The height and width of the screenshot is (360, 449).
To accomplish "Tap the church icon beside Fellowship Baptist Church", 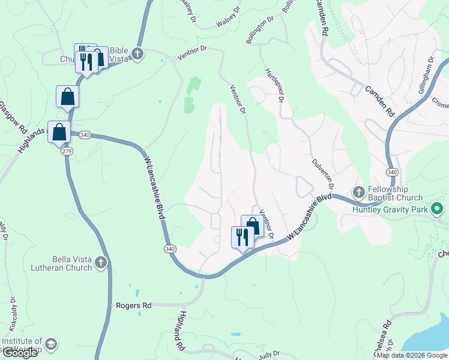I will [x=359, y=193].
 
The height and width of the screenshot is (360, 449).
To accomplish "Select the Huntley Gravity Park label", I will [x=390, y=209].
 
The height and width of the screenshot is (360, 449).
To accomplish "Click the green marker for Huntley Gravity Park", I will [x=438, y=209].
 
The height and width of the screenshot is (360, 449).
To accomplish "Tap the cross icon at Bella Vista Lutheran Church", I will [x=101, y=262].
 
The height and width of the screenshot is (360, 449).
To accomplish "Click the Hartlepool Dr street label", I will [x=274, y=85].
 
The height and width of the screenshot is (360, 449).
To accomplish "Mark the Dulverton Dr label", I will [x=322, y=171].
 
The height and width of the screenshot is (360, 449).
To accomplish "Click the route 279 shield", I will [x=65, y=152].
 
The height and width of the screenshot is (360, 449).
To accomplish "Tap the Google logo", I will [x=19, y=353].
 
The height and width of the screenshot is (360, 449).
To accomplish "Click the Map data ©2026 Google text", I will [x=412, y=355].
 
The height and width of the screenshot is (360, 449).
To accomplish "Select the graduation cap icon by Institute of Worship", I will [x=52, y=344].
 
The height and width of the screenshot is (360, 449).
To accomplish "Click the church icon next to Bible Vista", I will [x=137, y=55].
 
